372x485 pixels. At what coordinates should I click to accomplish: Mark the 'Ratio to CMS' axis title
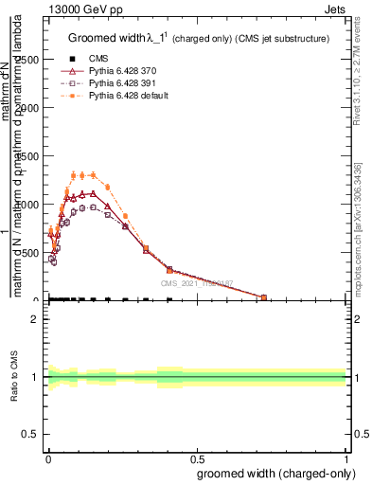(14, 377)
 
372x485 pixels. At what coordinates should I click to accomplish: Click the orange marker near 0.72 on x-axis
(263, 297)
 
